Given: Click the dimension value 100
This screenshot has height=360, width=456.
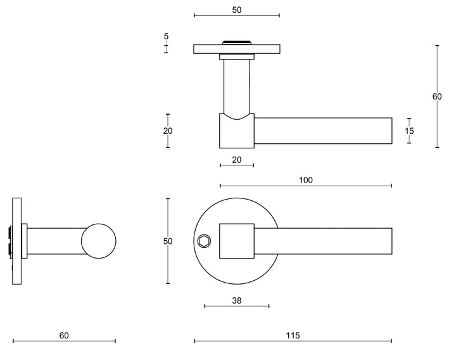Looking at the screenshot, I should (305, 180).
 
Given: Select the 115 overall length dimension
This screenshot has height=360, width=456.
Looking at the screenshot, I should (293, 335).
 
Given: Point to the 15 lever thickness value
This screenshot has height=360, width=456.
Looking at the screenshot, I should (409, 131).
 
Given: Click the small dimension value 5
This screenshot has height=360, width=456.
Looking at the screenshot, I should (166, 37).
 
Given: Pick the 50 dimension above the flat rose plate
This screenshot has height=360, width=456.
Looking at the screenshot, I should (237, 10).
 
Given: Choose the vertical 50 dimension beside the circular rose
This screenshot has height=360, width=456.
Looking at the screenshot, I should (167, 241).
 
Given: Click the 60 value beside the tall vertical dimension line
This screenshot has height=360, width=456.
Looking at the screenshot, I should (437, 96).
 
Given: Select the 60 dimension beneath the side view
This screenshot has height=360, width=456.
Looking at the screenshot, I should (63, 335).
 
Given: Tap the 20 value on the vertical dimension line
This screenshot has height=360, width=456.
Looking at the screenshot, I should (167, 131).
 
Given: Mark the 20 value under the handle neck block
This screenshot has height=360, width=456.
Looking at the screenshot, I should (237, 160).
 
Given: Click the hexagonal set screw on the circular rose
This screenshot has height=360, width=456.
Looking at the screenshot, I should (204, 241).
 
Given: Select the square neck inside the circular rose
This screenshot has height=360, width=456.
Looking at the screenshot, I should (236, 241).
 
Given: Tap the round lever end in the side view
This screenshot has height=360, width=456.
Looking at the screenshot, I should (98, 241).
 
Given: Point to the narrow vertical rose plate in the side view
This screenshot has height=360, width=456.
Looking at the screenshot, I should (16, 241).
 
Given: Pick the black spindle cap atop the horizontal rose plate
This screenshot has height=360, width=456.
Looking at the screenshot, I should (237, 42).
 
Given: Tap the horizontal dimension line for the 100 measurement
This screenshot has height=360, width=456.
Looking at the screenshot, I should (355, 186).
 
